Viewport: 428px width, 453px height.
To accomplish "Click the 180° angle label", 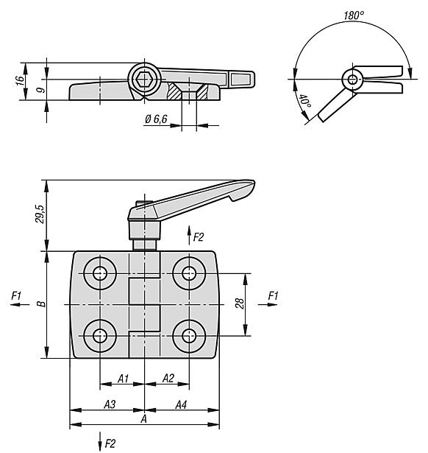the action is coord(354,15).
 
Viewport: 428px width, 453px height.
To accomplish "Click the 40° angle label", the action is coord(305,101).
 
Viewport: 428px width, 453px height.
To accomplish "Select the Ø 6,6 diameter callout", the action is coord(156,119).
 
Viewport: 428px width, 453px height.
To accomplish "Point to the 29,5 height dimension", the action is coord(40,214).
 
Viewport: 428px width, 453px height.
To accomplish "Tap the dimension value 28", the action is coord(240,304).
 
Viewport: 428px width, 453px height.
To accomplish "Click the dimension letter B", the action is coord(42,303).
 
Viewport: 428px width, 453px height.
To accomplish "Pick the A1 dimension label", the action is coord(123,379).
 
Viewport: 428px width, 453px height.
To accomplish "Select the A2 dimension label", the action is coord(168,378).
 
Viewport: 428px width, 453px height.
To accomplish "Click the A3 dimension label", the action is coord(110,404).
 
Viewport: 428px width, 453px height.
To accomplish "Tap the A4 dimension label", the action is coord(181,404).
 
